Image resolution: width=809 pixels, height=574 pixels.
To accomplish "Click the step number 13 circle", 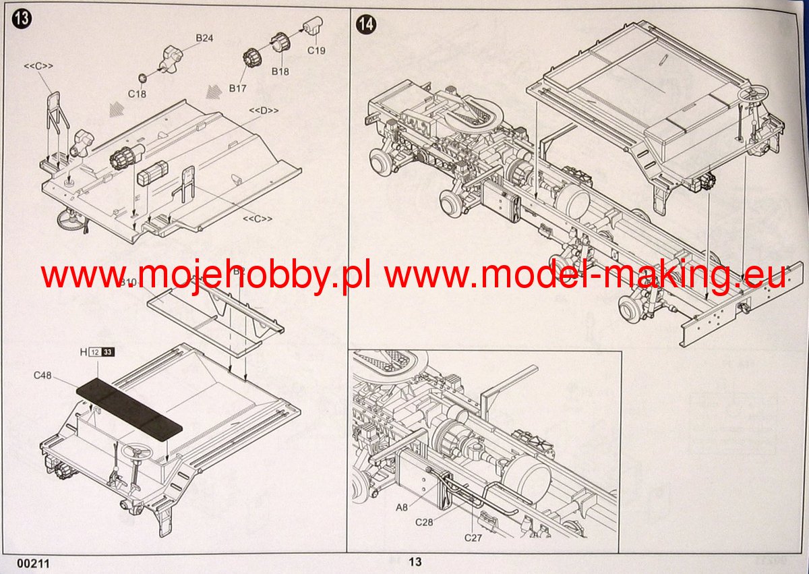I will coord(22,19).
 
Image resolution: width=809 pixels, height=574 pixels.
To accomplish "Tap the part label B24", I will coord(204,38).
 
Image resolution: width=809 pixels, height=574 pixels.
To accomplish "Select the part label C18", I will coord(136,94).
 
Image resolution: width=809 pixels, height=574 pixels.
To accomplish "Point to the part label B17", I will coord(238,88).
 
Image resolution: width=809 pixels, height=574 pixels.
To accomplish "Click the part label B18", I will coord(280,71).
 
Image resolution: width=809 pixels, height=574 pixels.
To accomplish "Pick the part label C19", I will coord(317,49).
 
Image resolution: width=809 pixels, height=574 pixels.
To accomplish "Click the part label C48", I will coord(43,375).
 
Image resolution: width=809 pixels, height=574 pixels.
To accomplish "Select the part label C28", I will coord(424,522).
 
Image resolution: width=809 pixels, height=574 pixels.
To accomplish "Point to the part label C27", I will coord(473,538).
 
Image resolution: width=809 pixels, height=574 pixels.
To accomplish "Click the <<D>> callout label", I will coord(264,110).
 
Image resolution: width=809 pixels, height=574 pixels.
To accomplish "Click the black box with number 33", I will coord(108,351).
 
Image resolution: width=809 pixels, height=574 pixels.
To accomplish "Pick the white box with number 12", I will coord(95,351).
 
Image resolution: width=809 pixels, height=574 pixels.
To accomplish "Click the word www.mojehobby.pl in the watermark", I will coord(206,276).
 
